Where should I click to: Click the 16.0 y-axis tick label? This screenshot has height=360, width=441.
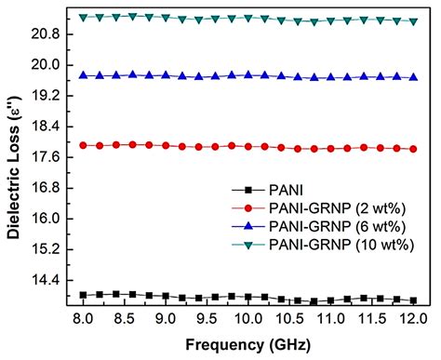[x=49, y=219]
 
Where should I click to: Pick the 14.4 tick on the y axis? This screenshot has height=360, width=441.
[x=49, y=280]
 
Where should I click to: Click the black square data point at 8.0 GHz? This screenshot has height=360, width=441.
[x=84, y=295]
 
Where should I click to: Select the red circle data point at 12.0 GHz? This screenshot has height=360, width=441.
[x=412, y=149]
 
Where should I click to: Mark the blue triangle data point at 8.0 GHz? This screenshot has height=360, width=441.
[x=84, y=75]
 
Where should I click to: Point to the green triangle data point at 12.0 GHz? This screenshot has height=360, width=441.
[x=412, y=21]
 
